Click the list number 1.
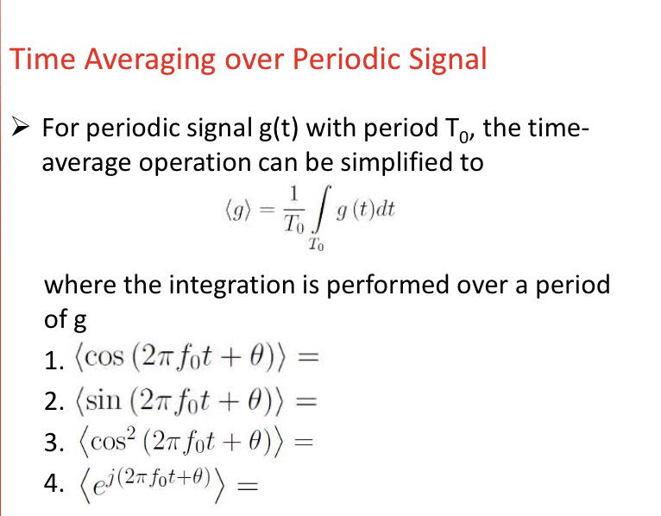click(x=49, y=356)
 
